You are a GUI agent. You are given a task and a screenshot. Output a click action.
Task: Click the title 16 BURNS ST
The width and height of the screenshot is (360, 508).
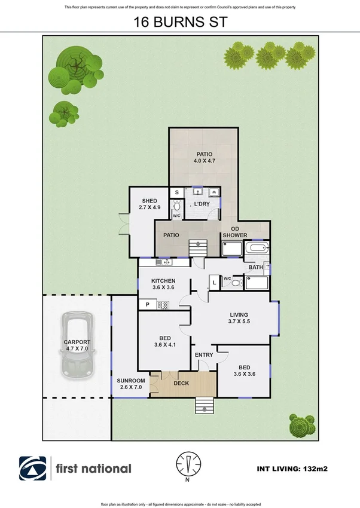point(180,23)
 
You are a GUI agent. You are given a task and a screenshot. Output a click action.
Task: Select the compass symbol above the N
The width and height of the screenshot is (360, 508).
point(187,464)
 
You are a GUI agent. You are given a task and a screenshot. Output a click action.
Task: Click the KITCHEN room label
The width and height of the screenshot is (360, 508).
point(163,281)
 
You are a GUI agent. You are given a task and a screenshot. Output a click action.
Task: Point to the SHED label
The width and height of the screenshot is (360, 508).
point(149,201)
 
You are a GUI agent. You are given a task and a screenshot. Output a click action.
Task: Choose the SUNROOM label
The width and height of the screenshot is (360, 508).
point(131,381)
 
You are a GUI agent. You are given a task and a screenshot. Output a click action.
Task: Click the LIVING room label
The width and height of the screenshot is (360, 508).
point(239,315)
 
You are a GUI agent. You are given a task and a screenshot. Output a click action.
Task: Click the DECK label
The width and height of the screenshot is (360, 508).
point(181,383)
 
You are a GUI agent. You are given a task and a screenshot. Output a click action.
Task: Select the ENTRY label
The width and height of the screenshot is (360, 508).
point(204,355)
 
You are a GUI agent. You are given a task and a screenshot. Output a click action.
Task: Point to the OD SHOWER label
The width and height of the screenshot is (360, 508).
point(235,232)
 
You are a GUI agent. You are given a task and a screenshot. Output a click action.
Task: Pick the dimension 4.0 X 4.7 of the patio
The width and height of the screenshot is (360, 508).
point(204,161)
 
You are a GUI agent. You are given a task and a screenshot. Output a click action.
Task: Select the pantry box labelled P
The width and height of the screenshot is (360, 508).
point(147,305)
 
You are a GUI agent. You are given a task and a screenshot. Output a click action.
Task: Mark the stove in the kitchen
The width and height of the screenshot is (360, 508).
point(163,305)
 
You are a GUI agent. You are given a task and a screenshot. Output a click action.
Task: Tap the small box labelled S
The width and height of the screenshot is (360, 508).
point(176,192)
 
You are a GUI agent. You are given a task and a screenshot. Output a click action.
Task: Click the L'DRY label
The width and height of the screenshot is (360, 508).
point(202,205)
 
